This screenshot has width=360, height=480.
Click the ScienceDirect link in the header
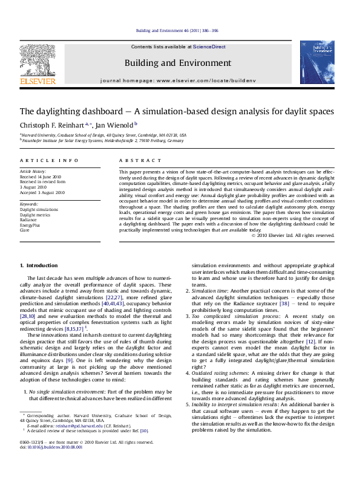tap(209, 46)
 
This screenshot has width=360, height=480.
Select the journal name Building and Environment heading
tap(177, 63)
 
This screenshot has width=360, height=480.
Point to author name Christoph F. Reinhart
tap(52, 125)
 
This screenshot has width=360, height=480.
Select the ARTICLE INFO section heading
tap(49, 160)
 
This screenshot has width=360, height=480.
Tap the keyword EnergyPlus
tap(32, 225)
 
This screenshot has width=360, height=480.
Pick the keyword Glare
tap(25, 230)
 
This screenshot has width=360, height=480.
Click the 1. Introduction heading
tap(39, 265)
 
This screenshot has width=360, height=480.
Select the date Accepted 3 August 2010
tap(42, 192)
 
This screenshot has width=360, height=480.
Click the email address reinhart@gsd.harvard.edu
tap(74, 426)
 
